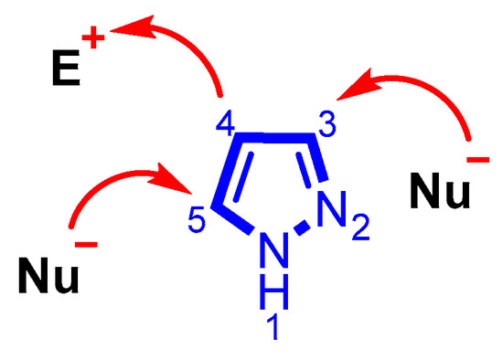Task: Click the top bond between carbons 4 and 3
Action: pos(274,138)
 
